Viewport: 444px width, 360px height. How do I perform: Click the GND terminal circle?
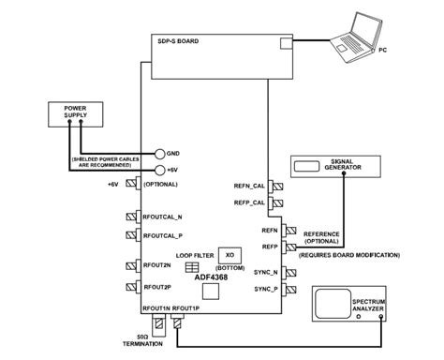pyautogui.click(x=161, y=154)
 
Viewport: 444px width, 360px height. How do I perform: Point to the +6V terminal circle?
pyautogui.click(x=161, y=170)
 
